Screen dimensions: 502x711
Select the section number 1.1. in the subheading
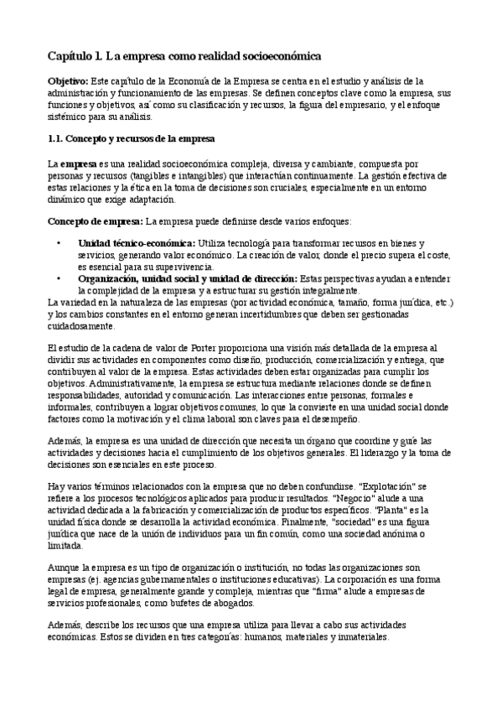tap(56, 138)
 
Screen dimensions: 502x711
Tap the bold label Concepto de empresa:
tap(95, 221)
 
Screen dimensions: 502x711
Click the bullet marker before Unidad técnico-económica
tap(58, 242)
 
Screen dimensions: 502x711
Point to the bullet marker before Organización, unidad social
tap(58, 278)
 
